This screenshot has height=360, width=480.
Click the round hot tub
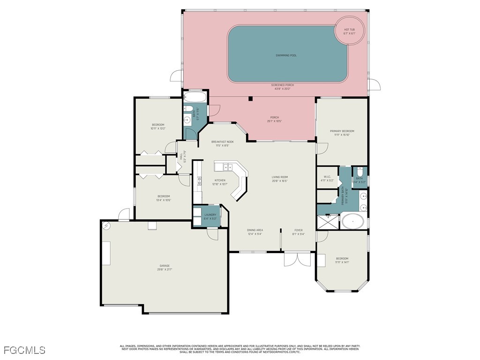[x=349, y=31]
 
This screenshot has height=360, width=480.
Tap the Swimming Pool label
[x=286, y=55]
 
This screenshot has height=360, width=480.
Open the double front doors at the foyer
[x=297, y=259]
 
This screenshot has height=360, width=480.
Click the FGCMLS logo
[x=24, y=350]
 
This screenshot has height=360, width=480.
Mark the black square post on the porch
[x=251, y=98]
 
